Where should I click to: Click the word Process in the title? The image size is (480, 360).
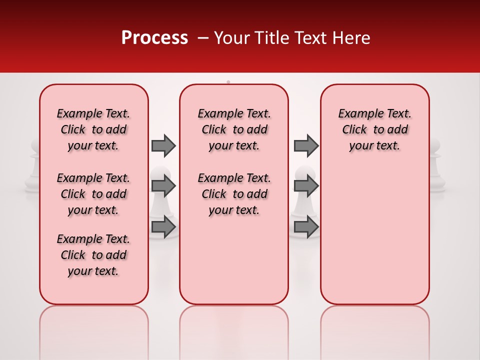(154, 38)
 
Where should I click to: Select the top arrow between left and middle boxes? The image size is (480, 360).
(163, 145)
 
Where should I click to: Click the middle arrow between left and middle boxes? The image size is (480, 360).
(163, 186)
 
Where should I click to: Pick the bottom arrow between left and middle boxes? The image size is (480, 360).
(163, 227)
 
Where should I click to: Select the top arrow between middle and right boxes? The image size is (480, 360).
(306, 145)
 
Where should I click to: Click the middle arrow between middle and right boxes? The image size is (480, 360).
(306, 186)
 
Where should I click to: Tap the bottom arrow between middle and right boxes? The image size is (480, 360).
(306, 227)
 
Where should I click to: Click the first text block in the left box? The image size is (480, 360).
(93, 129)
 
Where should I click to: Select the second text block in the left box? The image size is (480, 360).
(93, 194)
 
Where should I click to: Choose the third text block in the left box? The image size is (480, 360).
(93, 255)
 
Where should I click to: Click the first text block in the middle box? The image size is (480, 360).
(234, 129)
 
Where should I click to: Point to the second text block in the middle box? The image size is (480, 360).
(234, 194)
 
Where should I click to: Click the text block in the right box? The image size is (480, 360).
(374, 129)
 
